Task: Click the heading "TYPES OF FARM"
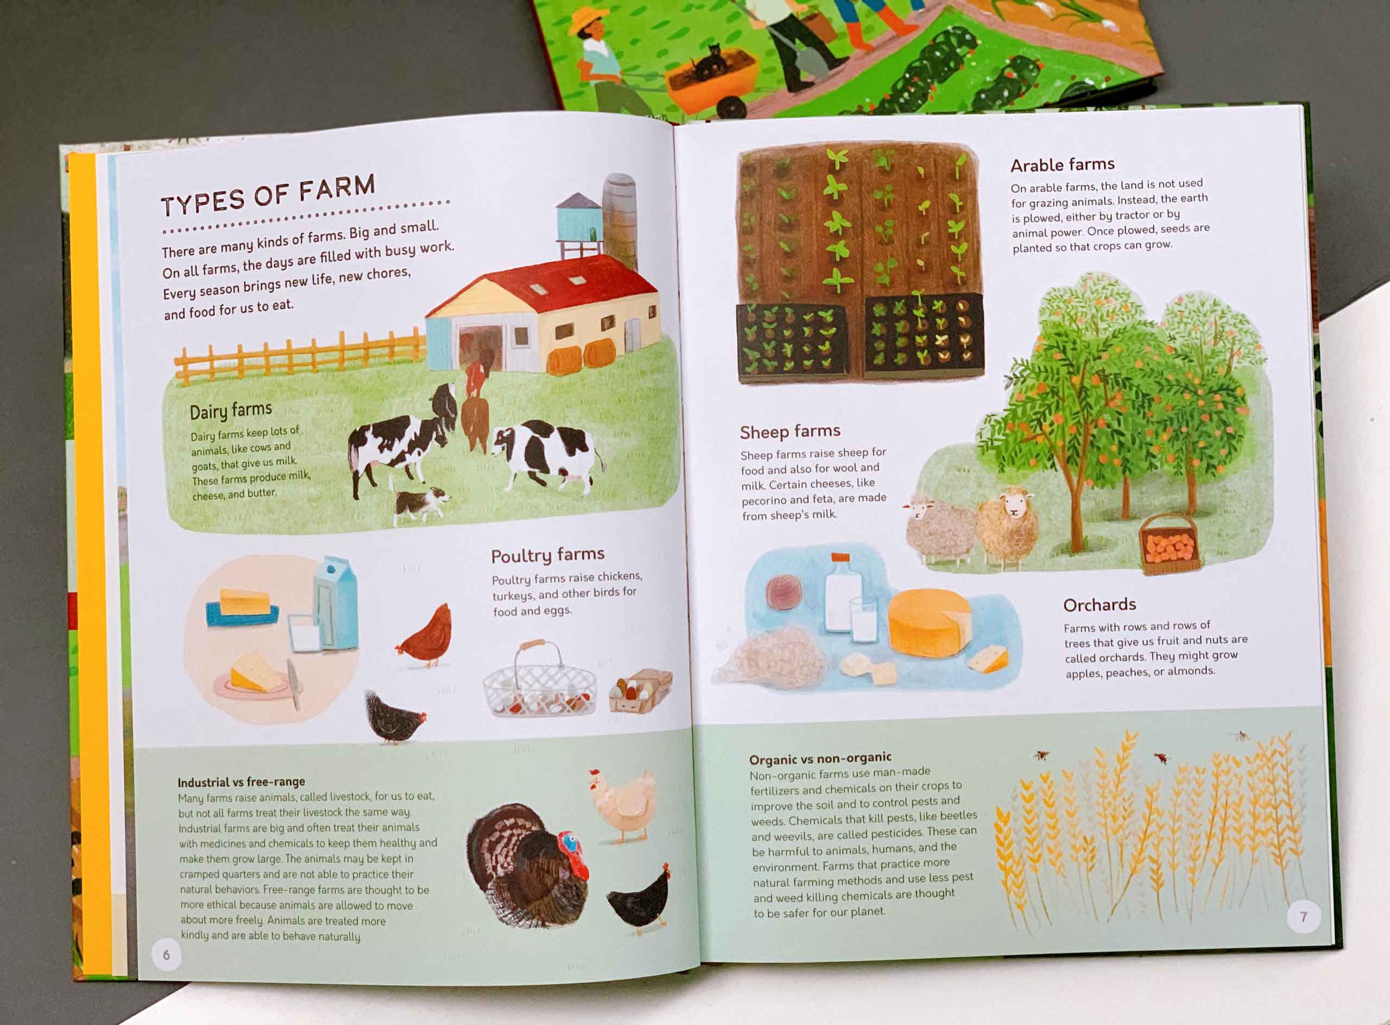pos(268,195)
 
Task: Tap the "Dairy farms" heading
pos(231,411)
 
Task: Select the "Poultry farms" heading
pos(547,555)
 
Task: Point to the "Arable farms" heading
pos(1063,164)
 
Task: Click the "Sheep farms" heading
pos(790,431)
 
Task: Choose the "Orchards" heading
pos(1100,604)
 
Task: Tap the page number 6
pos(166,955)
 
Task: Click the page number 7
pos(1303,916)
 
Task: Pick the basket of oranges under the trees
pos(1169,545)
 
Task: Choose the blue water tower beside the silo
pos(579,223)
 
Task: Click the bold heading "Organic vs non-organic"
pos(820,758)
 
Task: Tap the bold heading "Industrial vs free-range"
pos(242,782)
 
